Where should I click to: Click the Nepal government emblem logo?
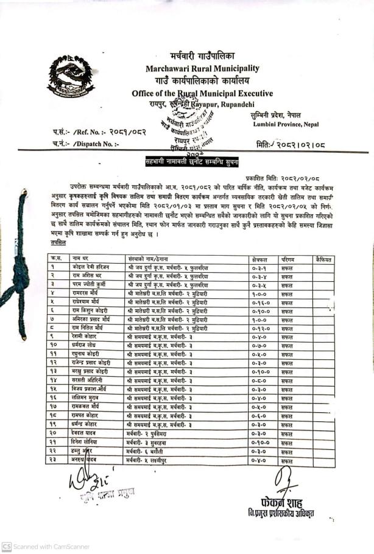tap(71, 77)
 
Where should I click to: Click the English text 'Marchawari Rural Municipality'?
tap(202, 68)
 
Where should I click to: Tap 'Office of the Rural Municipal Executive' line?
tap(202, 93)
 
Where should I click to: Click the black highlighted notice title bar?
tap(191, 161)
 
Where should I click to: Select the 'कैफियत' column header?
tap(324, 259)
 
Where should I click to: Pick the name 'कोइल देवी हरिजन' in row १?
tap(93, 267)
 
